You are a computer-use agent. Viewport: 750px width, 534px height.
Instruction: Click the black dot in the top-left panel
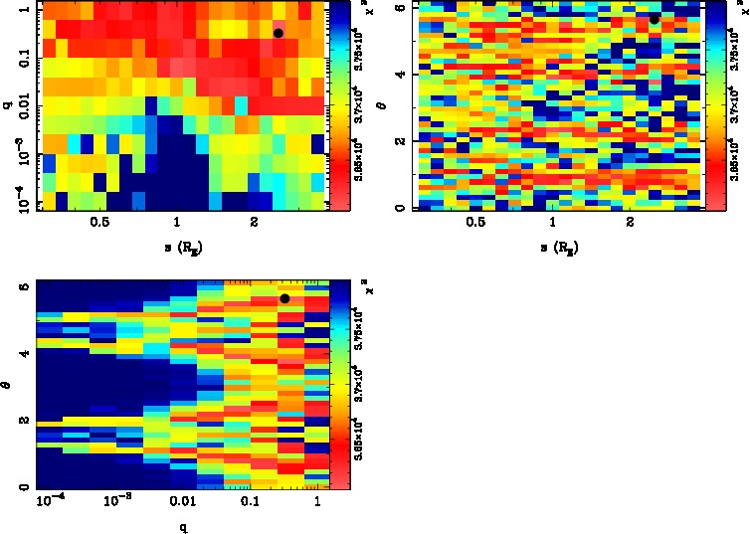(x=279, y=33)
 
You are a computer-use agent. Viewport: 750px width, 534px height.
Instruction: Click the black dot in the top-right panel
(x=654, y=19)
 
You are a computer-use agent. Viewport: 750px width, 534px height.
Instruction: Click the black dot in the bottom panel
(x=284, y=298)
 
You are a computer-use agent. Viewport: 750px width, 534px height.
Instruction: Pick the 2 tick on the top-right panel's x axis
(x=631, y=222)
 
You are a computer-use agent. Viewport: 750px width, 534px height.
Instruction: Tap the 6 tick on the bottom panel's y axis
(x=21, y=285)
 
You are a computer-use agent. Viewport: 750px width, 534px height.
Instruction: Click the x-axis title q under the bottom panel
(x=183, y=526)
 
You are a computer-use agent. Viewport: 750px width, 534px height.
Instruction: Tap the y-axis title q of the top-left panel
(x=7, y=96)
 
